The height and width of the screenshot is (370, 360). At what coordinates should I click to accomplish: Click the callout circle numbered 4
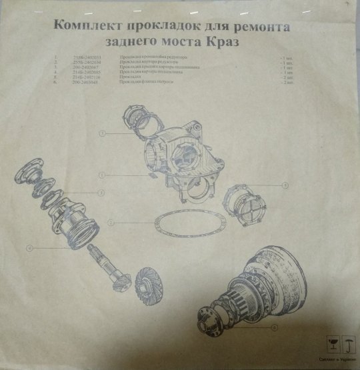(30, 249)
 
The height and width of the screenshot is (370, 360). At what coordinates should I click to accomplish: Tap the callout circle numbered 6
(275, 327)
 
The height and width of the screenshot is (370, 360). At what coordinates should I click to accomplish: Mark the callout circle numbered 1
(100, 175)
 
